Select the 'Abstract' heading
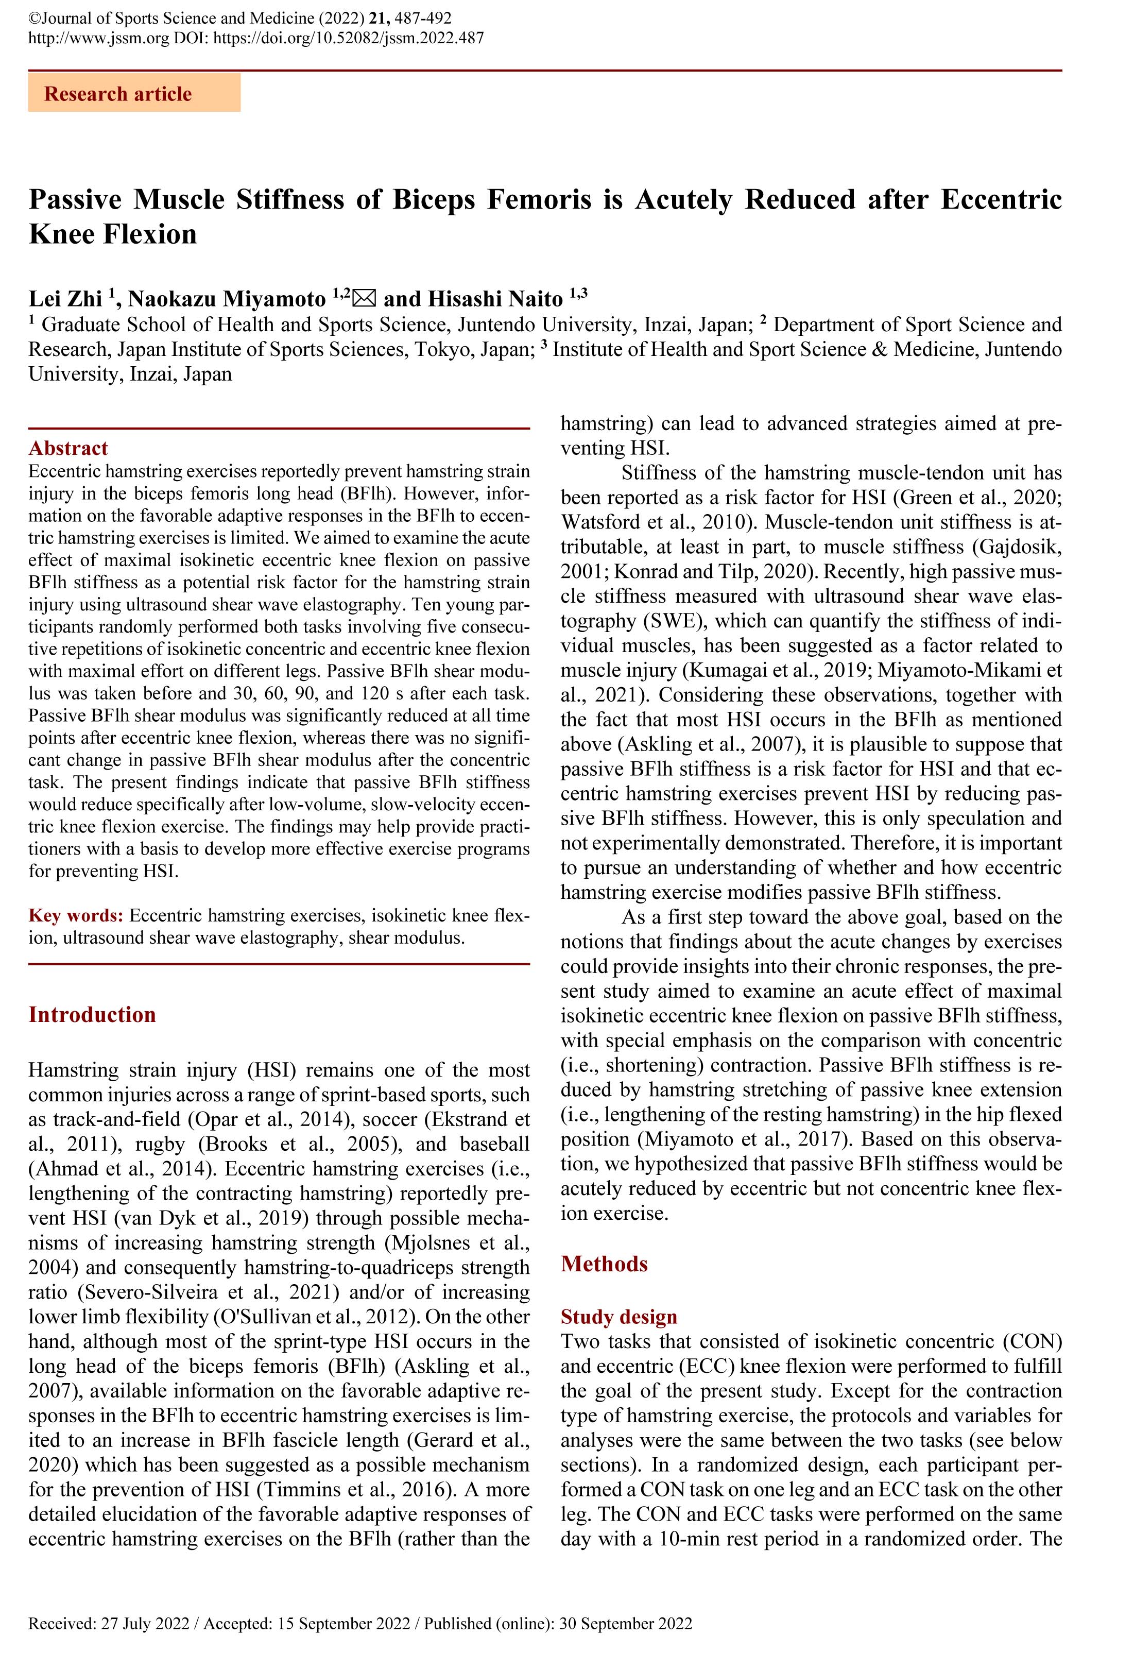coord(68,448)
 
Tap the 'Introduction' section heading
coord(92,1015)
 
